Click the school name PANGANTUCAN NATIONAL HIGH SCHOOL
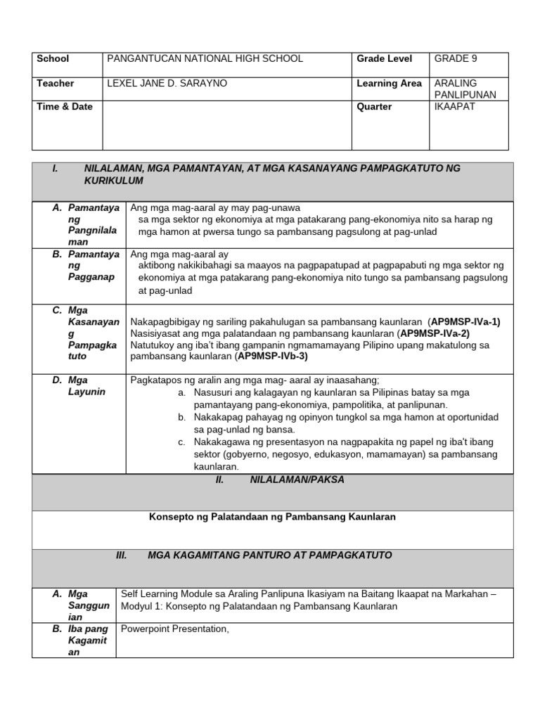(x=205, y=59)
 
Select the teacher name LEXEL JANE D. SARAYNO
(x=167, y=84)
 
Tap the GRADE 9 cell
(x=456, y=59)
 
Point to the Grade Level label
(x=385, y=59)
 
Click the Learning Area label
(x=390, y=84)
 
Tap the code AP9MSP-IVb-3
(x=272, y=356)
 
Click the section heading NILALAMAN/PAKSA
(x=288, y=480)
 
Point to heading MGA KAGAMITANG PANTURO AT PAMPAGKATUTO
(x=270, y=555)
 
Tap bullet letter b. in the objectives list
(x=181, y=418)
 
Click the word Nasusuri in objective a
(x=214, y=392)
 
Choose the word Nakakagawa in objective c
(x=221, y=442)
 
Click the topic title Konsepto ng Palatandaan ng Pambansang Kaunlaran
(x=272, y=517)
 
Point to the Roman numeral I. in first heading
(x=56, y=169)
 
